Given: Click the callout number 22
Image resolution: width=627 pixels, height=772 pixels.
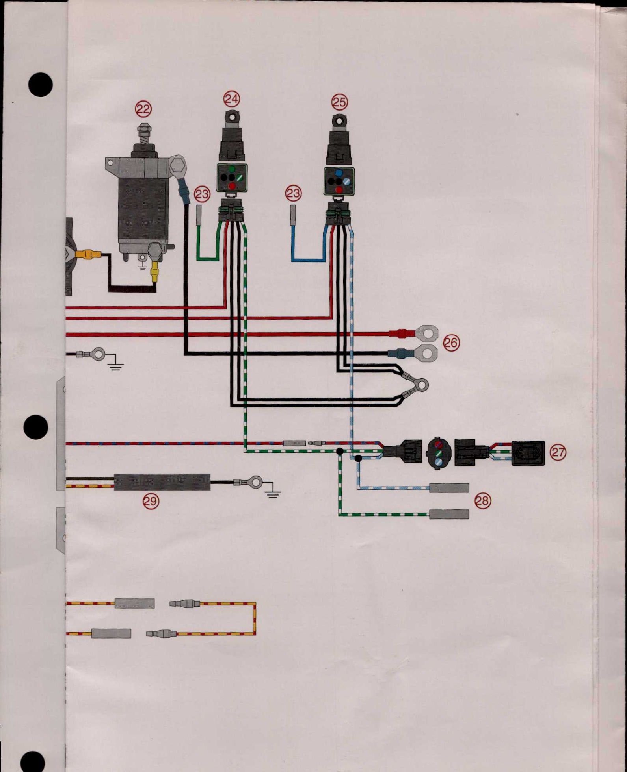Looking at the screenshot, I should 143,109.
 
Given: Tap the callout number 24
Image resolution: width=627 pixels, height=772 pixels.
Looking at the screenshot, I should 231,99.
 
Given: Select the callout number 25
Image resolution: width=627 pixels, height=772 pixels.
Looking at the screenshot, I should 339,102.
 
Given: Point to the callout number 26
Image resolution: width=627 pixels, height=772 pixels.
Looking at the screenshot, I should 451,343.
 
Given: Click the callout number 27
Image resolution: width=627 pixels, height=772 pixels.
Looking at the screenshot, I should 558,453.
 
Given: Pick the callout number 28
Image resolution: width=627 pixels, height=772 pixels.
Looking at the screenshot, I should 483,501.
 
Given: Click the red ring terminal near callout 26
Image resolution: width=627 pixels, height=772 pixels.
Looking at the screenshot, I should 426,333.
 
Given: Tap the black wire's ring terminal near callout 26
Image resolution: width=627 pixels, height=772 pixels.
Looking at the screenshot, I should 426,353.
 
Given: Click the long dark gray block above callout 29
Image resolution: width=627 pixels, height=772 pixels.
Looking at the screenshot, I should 162,482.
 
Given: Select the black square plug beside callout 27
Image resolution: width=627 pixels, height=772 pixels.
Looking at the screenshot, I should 528,453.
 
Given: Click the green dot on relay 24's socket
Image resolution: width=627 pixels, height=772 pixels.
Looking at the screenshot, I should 232,170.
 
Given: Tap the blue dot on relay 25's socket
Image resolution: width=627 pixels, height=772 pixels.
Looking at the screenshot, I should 339,173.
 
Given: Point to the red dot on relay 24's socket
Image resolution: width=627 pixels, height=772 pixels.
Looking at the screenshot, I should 232,186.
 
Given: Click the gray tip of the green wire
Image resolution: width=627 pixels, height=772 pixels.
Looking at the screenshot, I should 199,215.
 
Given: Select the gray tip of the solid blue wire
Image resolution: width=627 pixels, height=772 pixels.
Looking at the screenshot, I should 293,215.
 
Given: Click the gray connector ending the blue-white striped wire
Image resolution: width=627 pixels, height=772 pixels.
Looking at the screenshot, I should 449,488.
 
